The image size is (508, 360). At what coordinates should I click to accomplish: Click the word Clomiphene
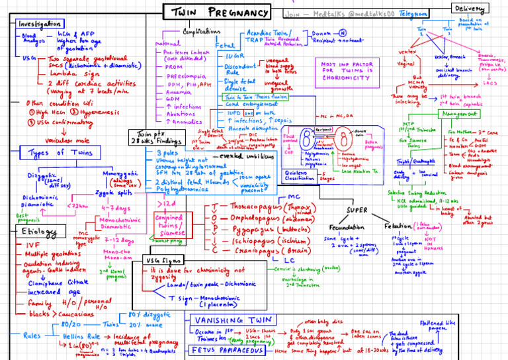(x=50, y=282)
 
